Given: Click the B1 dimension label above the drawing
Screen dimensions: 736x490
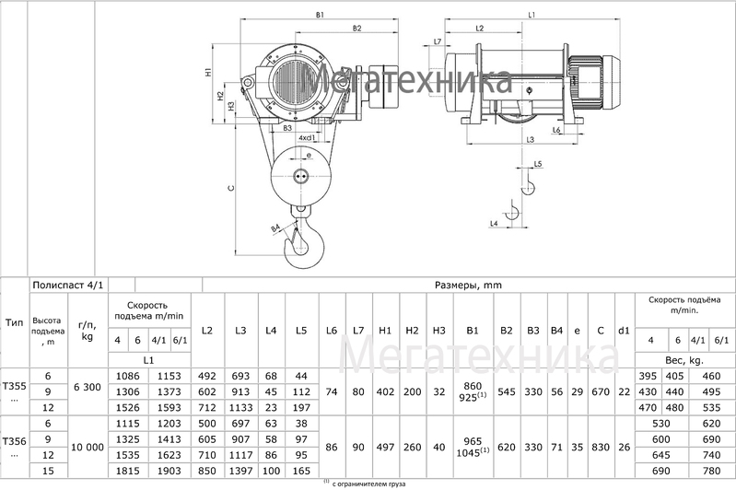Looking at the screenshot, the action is (320, 15).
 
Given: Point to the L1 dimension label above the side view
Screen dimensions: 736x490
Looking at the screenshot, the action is (532, 15).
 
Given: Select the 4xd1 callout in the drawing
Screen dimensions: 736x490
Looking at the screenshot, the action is (307, 138).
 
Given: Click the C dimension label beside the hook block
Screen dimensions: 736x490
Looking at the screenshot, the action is (230, 188).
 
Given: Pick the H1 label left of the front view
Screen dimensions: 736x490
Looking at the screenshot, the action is (208, 72).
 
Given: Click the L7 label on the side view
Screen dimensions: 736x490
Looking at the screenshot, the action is (438, 41).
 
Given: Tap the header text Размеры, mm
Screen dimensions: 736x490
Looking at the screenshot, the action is (468, 285).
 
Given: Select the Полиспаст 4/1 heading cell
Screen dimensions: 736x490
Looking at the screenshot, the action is (68, 285).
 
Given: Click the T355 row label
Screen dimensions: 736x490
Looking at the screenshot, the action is (14, 387).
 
